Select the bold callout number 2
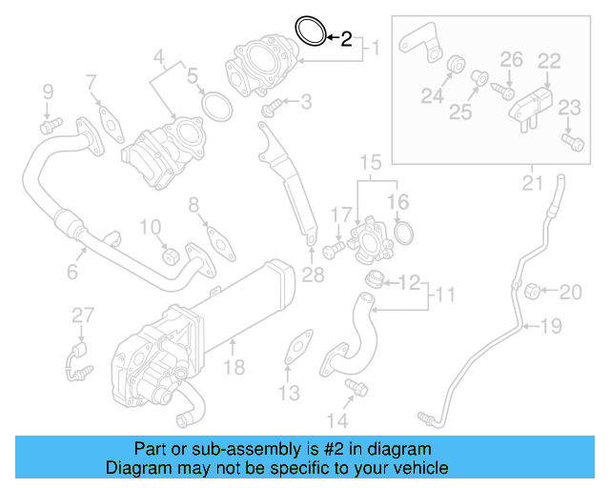click(346, 39)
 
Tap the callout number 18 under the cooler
click(234, 367)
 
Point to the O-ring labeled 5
click(217, 107)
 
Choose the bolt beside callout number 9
click(50, 124)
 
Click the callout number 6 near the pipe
click(71, 273)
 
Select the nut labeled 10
click(171, 255)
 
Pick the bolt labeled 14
click(357, 386)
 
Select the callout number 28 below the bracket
click(313, 275)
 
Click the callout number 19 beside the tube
click(552, 328)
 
